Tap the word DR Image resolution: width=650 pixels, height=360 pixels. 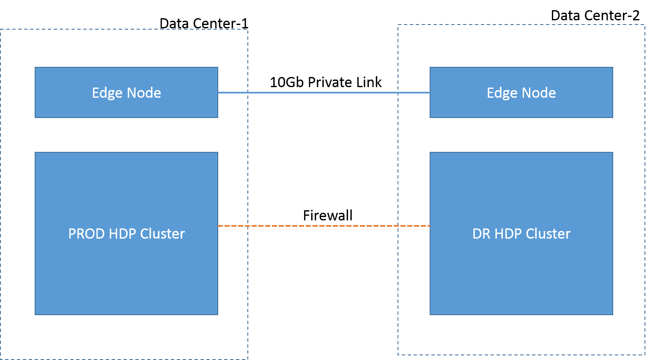[481, 234]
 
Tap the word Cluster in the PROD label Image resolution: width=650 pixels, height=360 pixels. [162, 234]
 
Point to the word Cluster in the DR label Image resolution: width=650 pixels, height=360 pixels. [549, 234]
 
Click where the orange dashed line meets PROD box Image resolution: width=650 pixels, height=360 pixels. [219, 226]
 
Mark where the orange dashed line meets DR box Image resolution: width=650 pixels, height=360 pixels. [429, 226]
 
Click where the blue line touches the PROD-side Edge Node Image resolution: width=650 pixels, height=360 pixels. [219, 93]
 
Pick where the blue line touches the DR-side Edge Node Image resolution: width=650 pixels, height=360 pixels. [429, 93]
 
